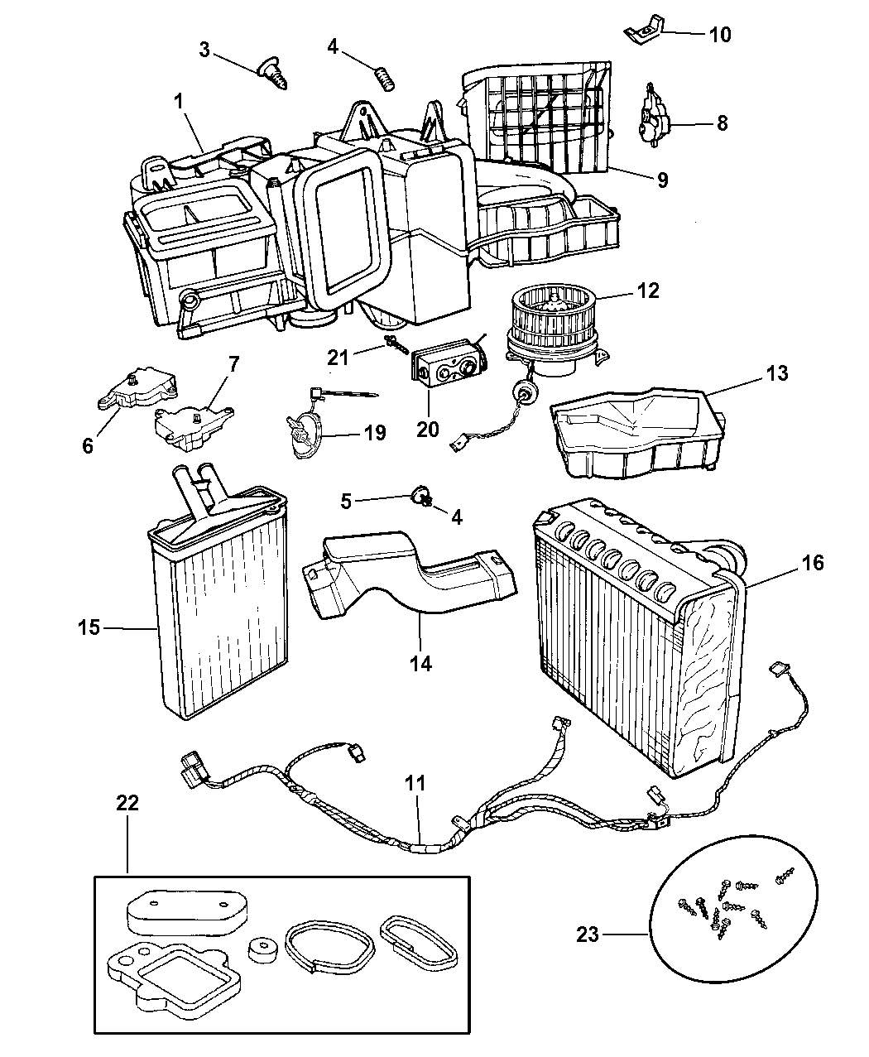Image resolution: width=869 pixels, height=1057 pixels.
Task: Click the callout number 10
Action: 719,34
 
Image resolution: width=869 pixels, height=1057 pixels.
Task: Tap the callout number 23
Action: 588,934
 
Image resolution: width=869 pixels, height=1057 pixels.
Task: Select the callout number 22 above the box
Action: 127,803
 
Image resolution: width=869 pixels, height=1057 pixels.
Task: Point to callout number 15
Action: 89,627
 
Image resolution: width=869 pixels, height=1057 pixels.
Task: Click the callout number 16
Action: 813,563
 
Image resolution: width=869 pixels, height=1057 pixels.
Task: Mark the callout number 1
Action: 177,103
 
